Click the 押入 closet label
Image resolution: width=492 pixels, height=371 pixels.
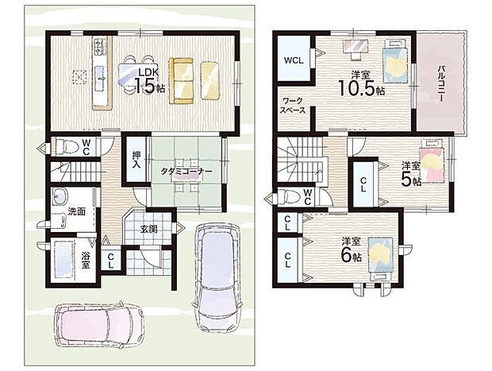[x=136, y=160]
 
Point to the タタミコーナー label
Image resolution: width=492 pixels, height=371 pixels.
[x=186, y=172]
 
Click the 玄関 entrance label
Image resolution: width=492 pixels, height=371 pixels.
[x=148, y=230]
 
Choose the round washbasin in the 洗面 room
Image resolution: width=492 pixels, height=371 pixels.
[x=60, y=196]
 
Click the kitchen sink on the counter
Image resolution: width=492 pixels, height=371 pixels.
[x=101, y=78]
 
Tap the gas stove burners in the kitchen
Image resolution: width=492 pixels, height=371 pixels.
[x=99, y=46]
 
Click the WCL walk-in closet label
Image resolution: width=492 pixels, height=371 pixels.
[x=294, y=60]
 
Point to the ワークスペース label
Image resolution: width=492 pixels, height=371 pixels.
[x=293, y=106]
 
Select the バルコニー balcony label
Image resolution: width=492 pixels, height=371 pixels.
[x=441, y=83]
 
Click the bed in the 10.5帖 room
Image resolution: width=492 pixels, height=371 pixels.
[x=394, y=61]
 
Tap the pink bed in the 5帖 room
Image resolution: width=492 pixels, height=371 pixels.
[x=432, y=161]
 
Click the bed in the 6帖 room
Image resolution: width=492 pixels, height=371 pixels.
[x=380, y=258]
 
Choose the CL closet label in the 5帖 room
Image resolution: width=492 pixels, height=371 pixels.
[x=363, y=185]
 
